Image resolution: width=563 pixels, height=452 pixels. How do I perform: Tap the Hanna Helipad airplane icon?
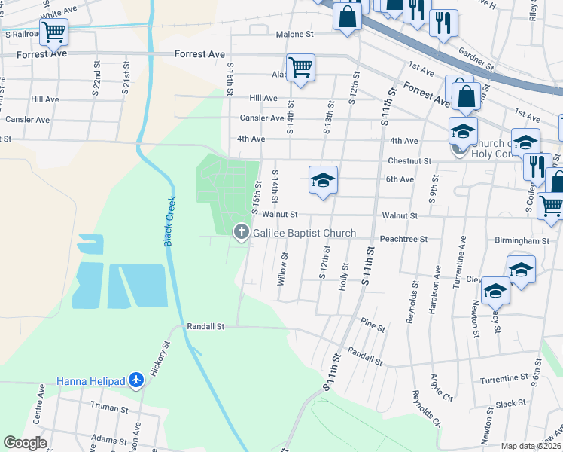pos(136,380)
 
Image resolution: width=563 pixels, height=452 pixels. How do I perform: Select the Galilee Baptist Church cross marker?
pos(242,232)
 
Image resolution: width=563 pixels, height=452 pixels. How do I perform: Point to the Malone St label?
pos(294,35)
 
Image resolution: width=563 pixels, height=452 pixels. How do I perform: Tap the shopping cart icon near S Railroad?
pos(54,32)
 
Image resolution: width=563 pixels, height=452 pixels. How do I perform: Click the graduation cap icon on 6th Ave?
pos(323,181)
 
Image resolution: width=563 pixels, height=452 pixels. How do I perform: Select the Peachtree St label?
pos(404,239)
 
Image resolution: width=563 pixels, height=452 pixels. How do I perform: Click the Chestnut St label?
pos(409,160)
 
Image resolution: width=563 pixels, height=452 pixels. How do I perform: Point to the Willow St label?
pos(283,268)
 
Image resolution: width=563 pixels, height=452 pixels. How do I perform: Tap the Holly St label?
pos(345,276)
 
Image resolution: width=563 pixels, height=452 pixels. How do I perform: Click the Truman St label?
pos(111,410)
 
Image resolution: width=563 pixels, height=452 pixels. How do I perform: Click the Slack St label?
pos(510,404)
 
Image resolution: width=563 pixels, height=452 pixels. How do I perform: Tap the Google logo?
pos(25,443)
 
